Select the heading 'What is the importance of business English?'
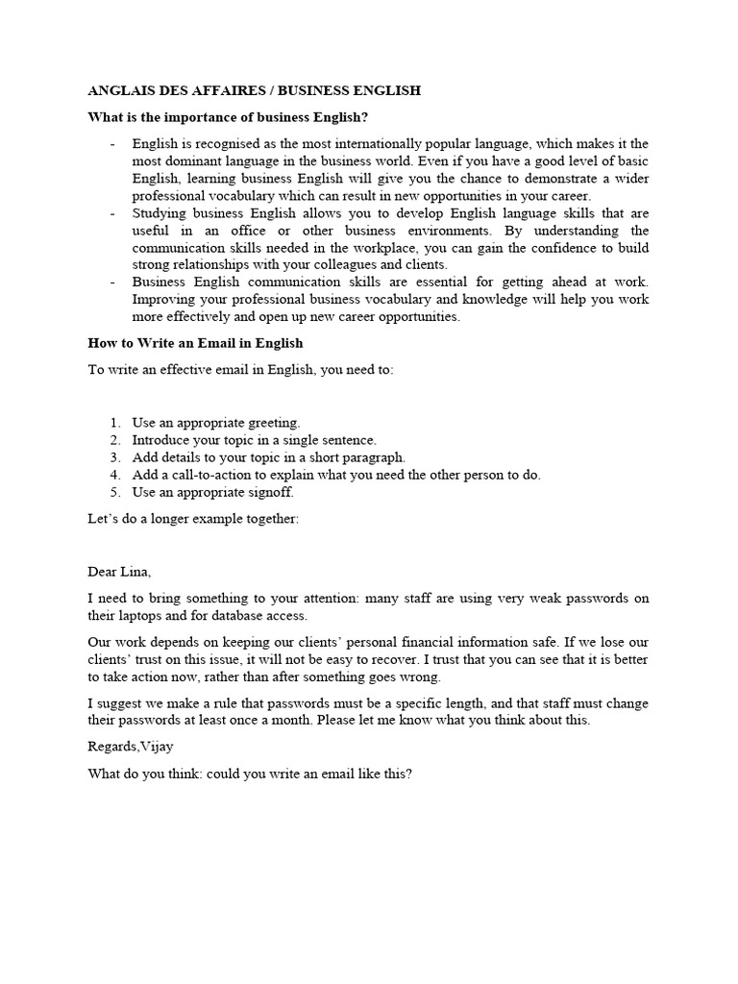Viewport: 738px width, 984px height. (228, 118)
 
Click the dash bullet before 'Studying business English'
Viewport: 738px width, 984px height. (112, 213)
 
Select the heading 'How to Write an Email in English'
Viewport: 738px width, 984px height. (195, 343)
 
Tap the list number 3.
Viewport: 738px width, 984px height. (114, 457)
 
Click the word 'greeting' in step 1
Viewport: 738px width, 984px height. (273, 423)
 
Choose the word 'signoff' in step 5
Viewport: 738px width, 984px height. (270, 492)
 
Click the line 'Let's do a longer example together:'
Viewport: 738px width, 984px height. (193, 519)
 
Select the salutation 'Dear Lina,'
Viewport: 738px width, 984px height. (119, 572)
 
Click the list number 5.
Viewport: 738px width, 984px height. (114, 492)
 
